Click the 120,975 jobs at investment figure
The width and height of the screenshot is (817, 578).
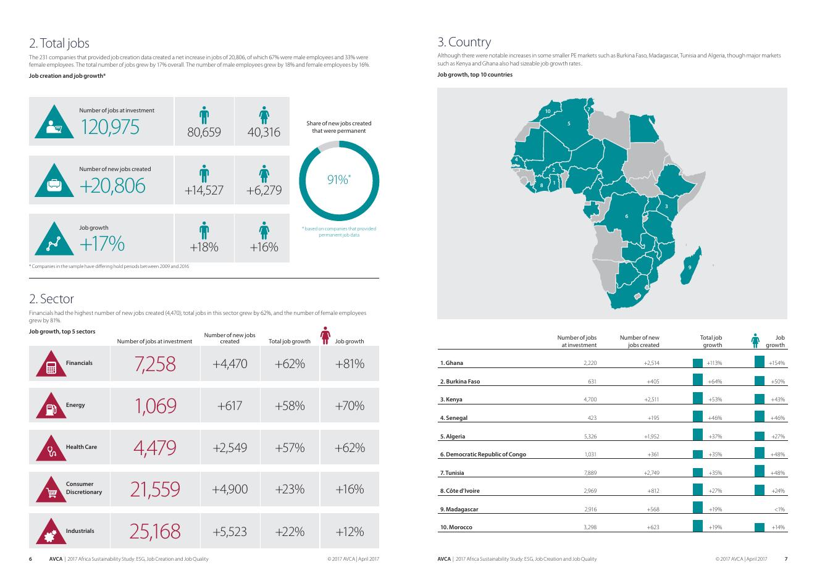[x=110, y=127]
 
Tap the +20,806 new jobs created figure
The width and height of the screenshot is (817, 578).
[x=112, y=185]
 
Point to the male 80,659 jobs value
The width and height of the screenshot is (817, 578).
[x=204, y=132]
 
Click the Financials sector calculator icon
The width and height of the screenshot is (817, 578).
[x=51, y=367]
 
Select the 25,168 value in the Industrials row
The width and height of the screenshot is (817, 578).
[x=155, y=531]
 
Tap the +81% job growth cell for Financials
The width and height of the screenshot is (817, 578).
[x=350, y=364]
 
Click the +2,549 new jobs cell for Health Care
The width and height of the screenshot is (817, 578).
[x=230, y=448]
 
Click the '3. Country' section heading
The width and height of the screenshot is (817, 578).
[x=464, y=42]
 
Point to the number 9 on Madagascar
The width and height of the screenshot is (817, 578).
[x=690, y=267]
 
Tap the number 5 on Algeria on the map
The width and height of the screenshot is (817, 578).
[x=569, y=124]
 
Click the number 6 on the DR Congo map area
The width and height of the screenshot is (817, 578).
[x=626, y=216]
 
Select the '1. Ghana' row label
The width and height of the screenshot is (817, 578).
[x=451, y=363]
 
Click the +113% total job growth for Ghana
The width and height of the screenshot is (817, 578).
[x=714, y=363]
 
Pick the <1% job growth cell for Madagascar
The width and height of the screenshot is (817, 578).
[x=778, y=509]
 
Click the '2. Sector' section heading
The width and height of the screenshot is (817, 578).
[x=51, y=299]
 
